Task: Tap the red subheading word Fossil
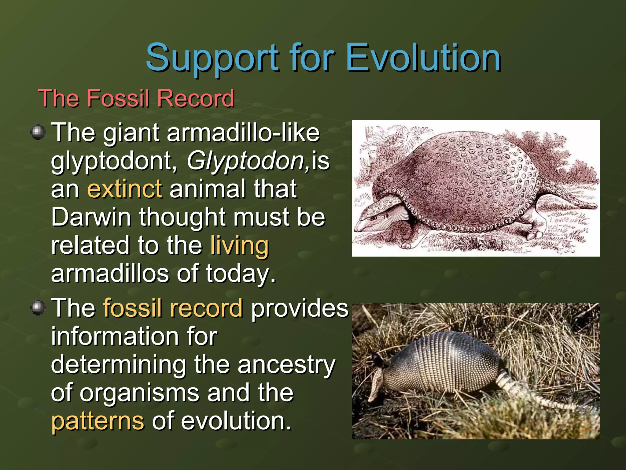click(x=120, y=98)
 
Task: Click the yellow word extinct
click(x=125, y=189)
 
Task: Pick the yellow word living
click(x=239, y=245)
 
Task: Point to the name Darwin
click(x=91, y=217)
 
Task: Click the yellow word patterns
click(x=98, y=421)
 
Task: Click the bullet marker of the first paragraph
click(x=38, y=132)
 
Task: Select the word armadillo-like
click(x=243, y=133)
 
